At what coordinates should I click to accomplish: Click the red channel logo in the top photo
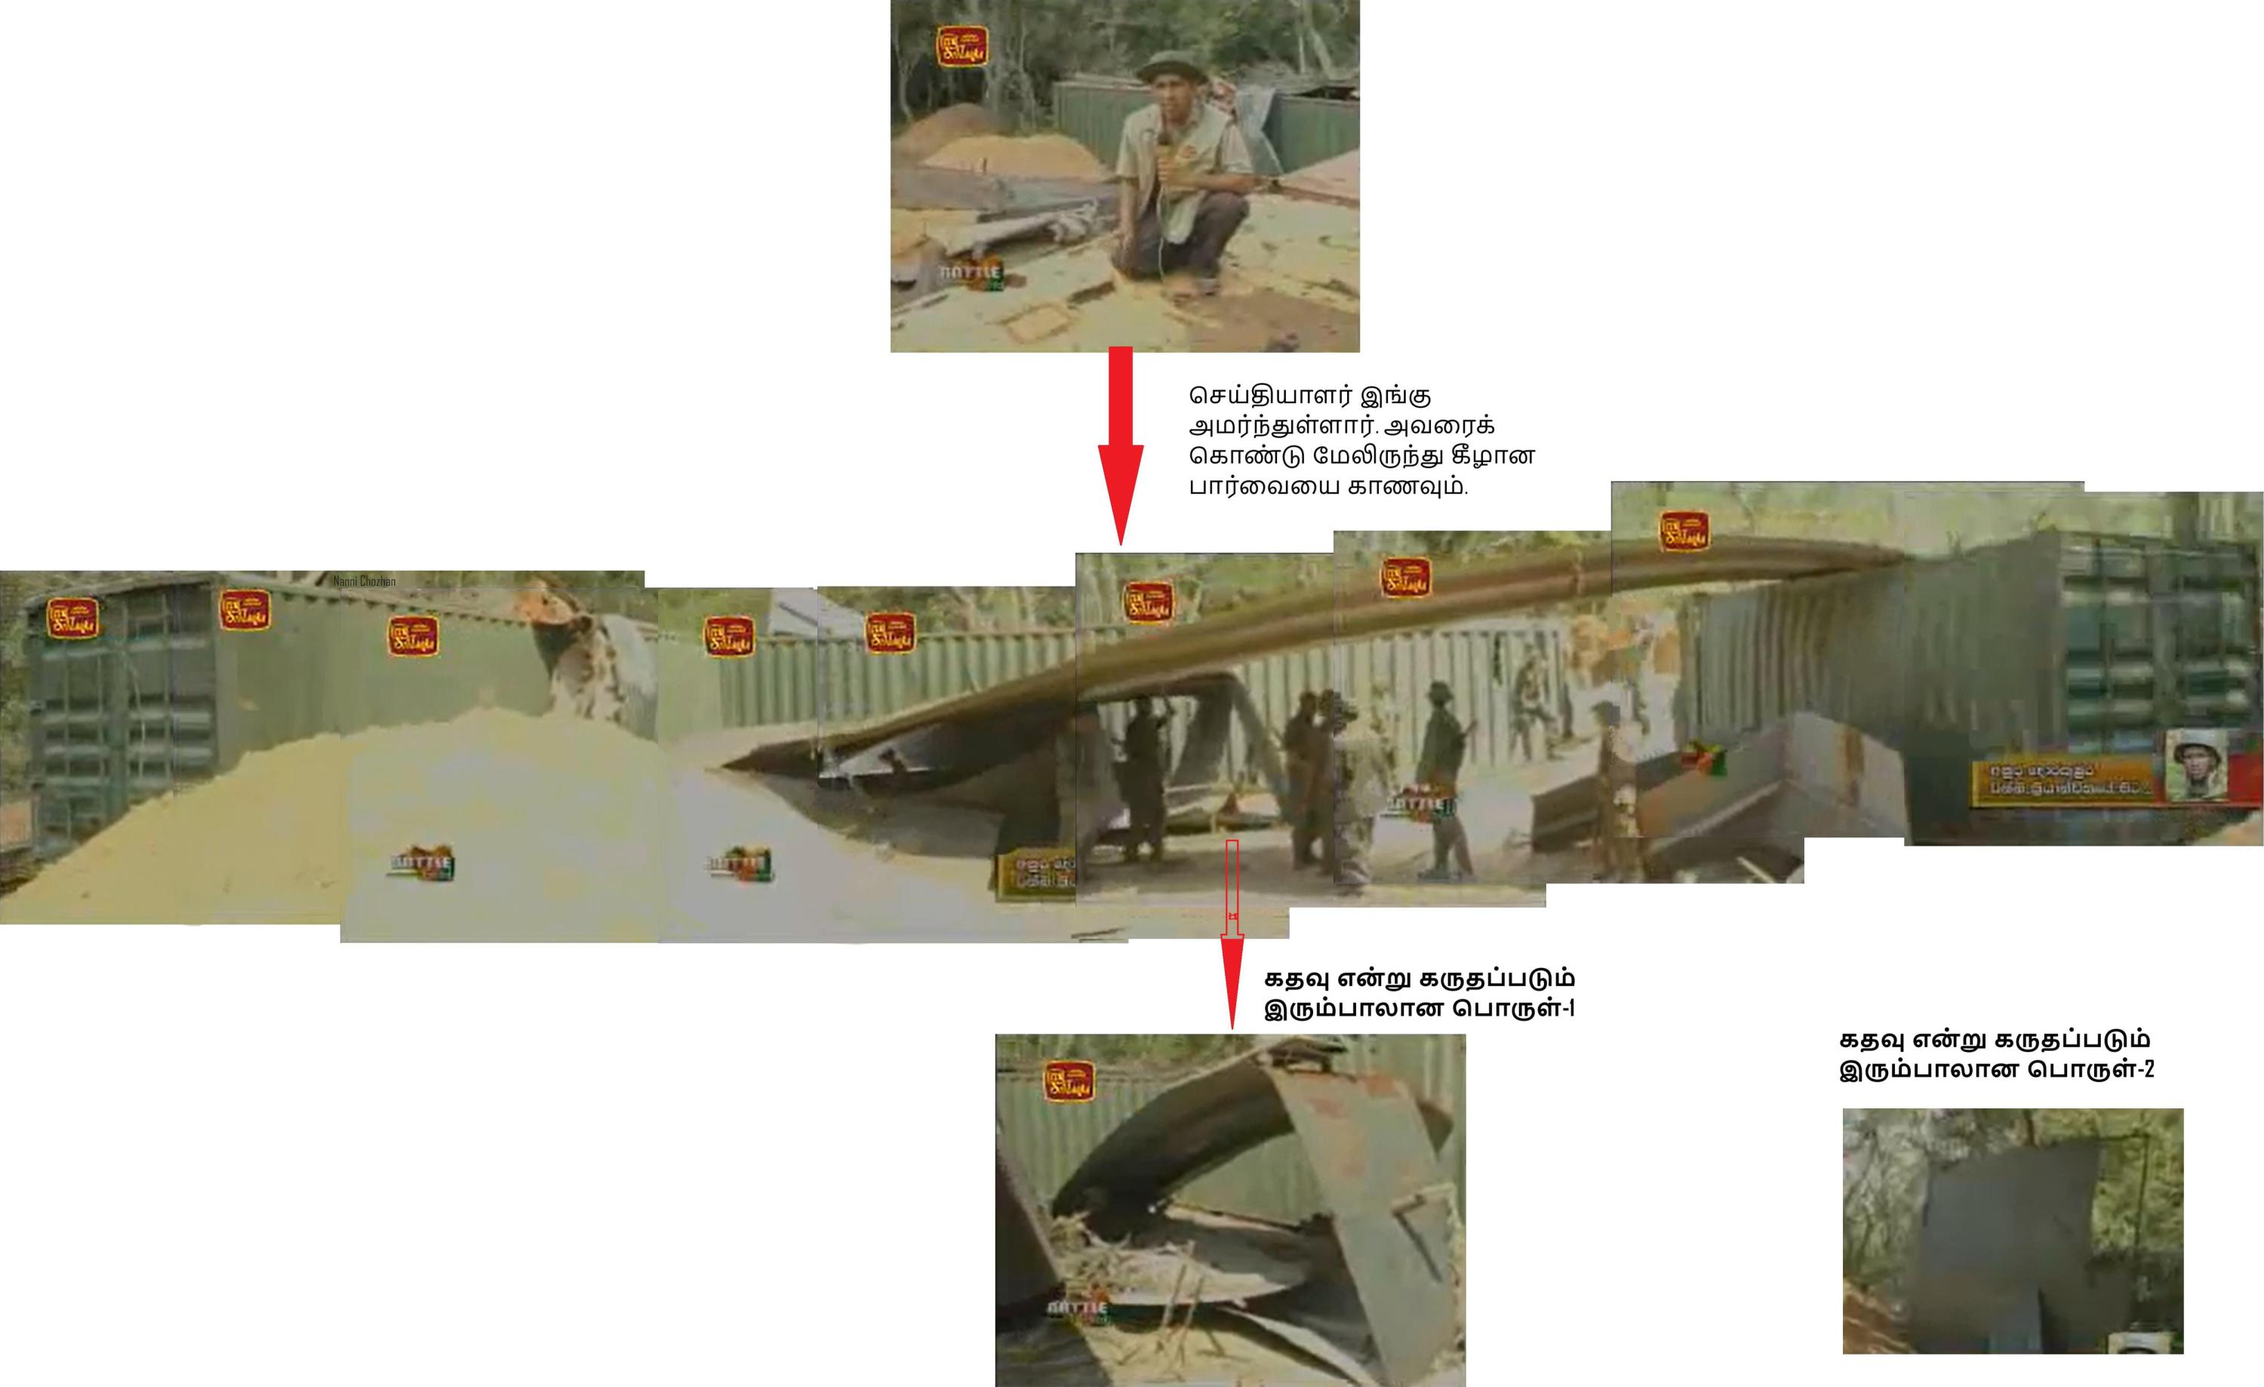(x=962, y=46)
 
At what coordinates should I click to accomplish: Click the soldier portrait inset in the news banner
(x=2196, y=765)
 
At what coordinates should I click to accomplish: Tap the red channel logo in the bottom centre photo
(x=1069, y=1082)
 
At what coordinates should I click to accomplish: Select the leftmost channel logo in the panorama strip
(x=73, y=618)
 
